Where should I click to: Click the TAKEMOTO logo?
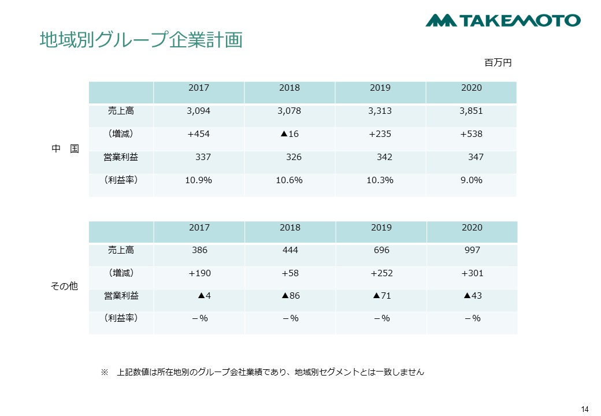click(x=503, y=20)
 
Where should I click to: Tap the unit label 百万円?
click(x=498, y=62)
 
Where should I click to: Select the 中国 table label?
click(x=65, y=148)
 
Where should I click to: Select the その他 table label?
click(x=65, y=286)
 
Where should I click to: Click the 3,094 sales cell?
click(x=198, y=111)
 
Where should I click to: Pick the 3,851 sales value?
click(x=471, y=111)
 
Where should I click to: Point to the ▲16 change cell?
click(x=290, y=134)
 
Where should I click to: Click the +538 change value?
click(x=471, y=134)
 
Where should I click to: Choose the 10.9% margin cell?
click(x=198, y=180)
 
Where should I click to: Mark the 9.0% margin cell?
click(x=471, y=180)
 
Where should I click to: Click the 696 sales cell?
click(x=381, y=250)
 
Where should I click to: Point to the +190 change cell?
click(x=199, y=273)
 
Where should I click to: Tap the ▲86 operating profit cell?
click(x=290, y=296)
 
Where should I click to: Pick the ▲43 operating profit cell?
click(x=472, y=296)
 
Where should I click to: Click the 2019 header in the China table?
click(x=380, y=88)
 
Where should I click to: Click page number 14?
click(x=584, y=409)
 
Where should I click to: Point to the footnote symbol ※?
click(x=105, y=373)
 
